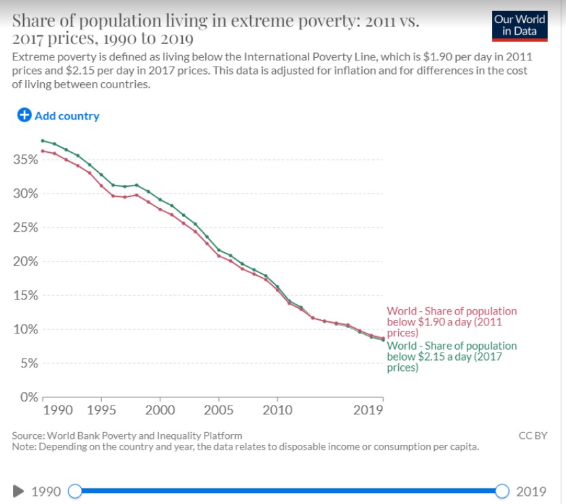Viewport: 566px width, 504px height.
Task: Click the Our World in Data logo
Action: click(x=520, y=25)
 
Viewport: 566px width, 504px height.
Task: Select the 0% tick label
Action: click(x=28, y=397)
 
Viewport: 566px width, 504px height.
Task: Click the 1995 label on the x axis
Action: click(x=101, y=410)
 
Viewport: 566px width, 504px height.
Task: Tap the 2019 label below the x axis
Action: click(x=368, y=410)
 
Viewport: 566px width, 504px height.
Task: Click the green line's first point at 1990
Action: click(x=43, y=141)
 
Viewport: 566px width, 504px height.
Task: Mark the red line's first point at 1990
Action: click(x=43, y=151)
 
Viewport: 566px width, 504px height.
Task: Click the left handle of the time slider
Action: click(x=75, y=491)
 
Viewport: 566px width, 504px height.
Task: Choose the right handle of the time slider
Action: click(x=502, y=491)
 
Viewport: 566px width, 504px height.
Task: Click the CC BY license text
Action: click(x=532, y=435)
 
